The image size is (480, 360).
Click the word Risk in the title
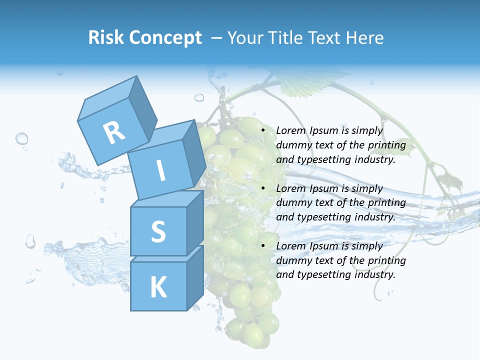tap(106, 38)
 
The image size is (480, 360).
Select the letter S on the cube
tap(158, 231)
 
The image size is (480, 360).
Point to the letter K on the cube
tap(158, 287)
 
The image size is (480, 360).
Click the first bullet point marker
tap(263, 131)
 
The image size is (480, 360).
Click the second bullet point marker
tap(263, 189)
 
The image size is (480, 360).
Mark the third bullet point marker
tap(263, 246)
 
